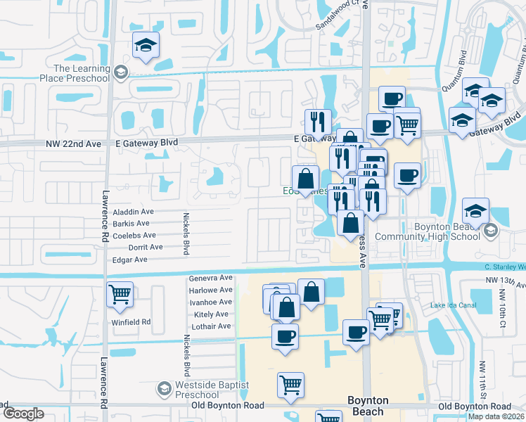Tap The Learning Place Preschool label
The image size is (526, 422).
pos(82,73)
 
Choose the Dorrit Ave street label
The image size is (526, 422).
pos(145,248)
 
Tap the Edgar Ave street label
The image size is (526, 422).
pos(130,260)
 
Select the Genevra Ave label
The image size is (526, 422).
pos(210,279)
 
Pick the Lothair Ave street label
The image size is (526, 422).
pos(210,326)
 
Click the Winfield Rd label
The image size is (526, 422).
pos(131,322)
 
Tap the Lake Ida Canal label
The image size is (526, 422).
pos(454,305)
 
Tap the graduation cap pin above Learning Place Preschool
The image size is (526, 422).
pos(146,46)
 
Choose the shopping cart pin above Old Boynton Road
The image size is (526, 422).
pos(290,385)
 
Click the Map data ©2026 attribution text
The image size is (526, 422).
pos(496,416)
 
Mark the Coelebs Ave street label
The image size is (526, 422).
pos(133,236)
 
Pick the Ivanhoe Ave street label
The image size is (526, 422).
pos(210,302)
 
